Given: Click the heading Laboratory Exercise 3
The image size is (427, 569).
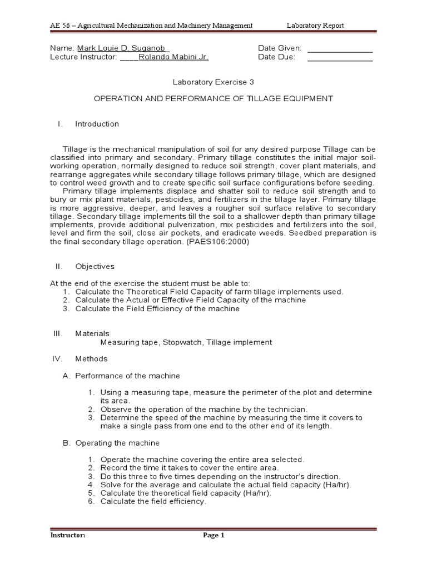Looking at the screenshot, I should (x=213, y=82).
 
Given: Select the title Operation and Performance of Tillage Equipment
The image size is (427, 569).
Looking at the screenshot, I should (x=213, y=98).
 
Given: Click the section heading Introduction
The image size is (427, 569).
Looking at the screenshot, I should (x=97, y=124).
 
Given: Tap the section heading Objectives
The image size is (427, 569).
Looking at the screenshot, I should (x=95, y=266).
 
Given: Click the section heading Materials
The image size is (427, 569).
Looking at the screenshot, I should (x=92, y=333).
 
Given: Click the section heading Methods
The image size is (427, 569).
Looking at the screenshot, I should (x=91, y=358).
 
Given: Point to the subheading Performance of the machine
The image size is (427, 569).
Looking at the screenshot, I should (x=127, y=376).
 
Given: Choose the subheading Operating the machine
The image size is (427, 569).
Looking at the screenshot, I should (x=117, y=443).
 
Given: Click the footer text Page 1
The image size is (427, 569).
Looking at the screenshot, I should (x=213, y=536).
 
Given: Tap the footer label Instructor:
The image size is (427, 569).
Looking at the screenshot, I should (x=68, y=536).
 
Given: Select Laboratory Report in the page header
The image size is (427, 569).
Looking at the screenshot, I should (x=315, y=26).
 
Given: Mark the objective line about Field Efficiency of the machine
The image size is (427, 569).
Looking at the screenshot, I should (x=157, y=309).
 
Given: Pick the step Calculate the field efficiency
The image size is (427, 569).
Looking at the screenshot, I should (x=153, y=501).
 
